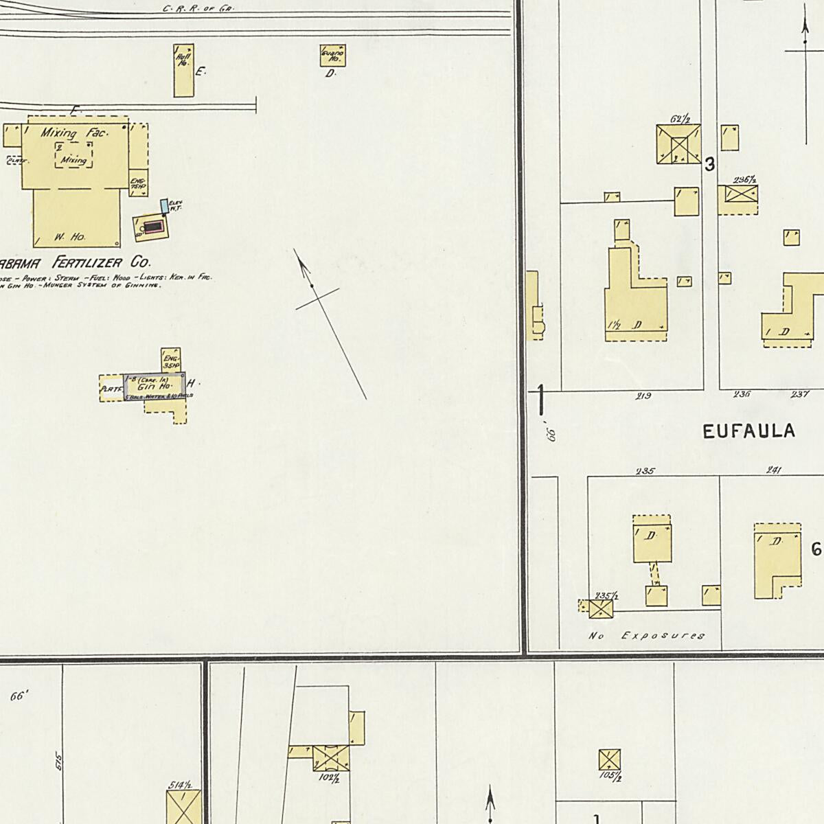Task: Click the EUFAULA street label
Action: (x=749, y=431)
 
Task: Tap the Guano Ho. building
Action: (x=332, y=55)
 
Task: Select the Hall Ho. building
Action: (x=183, y=70)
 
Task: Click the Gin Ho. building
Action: (x=154, y=386)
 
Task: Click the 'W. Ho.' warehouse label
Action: (x=69, y=237)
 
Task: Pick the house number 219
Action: (x=644, y=396)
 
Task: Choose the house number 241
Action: (x=774, y=470)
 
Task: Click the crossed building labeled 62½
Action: (x=678, y=144)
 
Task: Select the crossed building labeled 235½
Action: (x=601, y=608)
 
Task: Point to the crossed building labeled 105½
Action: (x=609, y=760)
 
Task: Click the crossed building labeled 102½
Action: (x=331, y=758)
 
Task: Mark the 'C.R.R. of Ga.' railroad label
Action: (x=198, y=10)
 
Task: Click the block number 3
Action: (x=710, y=165)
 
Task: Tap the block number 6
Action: (x=816, y=549)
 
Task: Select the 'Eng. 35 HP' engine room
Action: (x=171, y=360)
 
